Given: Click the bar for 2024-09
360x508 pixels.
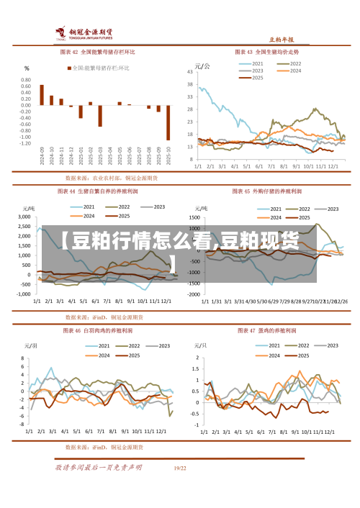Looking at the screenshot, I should coord(42,95).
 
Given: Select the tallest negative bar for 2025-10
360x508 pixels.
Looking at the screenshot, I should coord(168,122).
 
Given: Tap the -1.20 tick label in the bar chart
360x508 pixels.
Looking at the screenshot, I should coord(24,143).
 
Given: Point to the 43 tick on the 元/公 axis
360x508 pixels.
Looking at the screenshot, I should coord(191,72).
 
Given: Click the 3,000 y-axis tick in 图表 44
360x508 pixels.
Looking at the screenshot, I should coord(24,216).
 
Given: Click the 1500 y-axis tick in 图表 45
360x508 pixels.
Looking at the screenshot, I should coord(194,216).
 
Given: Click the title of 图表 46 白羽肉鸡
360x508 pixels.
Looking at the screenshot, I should coord(97,331).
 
